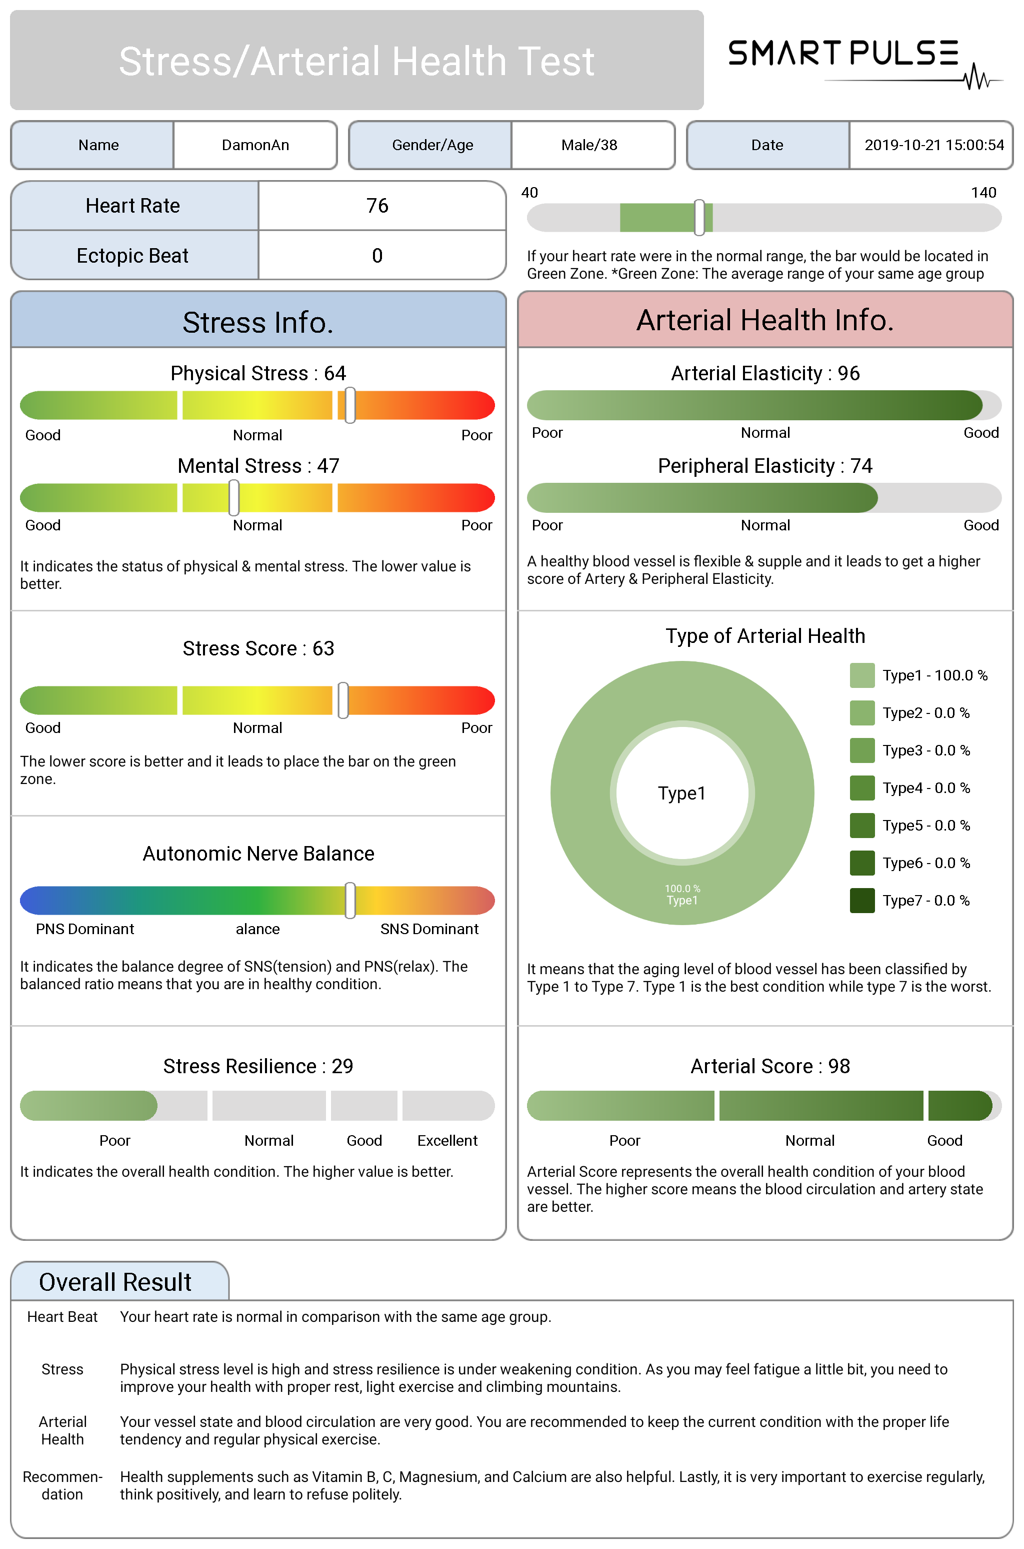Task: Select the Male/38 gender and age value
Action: tap(589, 145)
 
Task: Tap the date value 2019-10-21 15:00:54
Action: tap(934, 145)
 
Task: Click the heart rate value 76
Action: tap(377, 206)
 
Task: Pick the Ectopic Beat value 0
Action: tap(377, 256)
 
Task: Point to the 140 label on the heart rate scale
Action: tap(983, 193)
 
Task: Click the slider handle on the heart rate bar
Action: tap(699, 218)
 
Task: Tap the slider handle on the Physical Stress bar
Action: tap(350, 405)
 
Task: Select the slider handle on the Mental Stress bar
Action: tap(234, 498)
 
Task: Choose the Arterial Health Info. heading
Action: tap(764, 320)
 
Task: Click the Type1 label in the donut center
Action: tap(682, 793)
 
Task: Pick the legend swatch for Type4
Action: tap(862, 788)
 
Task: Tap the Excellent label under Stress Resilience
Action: tap(447, 1140)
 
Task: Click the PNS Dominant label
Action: tap(85, 929)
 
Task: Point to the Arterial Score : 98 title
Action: tap(770, 1066)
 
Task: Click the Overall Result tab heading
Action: tap(115, 1282)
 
